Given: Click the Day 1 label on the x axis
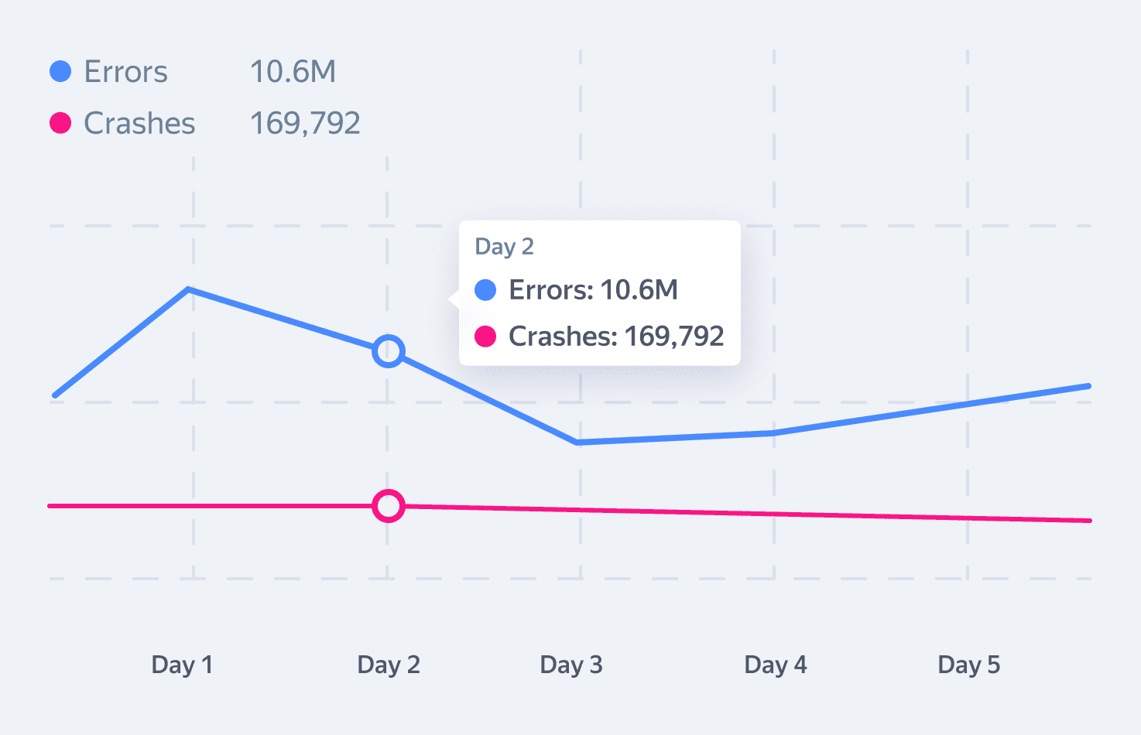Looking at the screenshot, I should [x=182, y=665].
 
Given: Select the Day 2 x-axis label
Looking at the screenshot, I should [x=389, y=665].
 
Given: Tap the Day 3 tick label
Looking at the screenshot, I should [x=571, y=665].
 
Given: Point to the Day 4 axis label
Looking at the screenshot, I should [x=776, y=665].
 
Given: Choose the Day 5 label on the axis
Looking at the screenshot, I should [x=969, y=665].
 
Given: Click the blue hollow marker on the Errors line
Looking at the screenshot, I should [x=389, y=351].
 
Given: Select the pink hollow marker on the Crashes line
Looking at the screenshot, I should [x=389, y=506].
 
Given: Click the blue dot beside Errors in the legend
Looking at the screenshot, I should [x=60, y=71].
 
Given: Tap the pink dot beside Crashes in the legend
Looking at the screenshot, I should [x=60, y=123].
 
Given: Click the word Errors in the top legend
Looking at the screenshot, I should [x=125, y=72].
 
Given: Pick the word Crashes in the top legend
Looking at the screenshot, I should [x=139, y=124].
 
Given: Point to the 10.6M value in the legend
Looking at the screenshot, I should [x=293, y=72].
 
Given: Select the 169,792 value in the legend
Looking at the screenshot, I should [x=305, y=124].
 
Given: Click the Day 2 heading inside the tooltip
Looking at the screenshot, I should [x=504, y=247].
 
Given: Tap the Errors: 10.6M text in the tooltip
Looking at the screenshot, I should [x=593, y=290].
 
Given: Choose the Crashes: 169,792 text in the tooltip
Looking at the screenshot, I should [x=616, y=337].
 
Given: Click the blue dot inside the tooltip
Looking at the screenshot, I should [x=485, y=290].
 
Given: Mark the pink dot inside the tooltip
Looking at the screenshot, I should [x=485, y=337].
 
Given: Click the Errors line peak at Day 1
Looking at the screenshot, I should [x=190, y=289].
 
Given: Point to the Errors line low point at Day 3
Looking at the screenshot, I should [x=578, y=442].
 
